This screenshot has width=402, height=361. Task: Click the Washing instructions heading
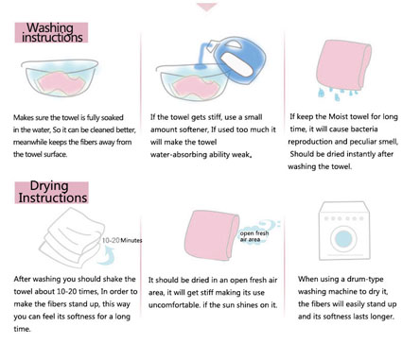point(51,32)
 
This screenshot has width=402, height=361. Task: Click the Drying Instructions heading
point(51,192)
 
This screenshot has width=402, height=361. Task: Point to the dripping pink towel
point(343,64)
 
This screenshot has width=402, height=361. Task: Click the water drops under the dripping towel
point(337,94)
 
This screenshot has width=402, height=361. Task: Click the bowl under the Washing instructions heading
point(60,78)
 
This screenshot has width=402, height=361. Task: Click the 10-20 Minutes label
point(122,240)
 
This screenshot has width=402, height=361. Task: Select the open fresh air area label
point(254,236)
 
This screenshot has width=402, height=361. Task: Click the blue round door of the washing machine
point(343,238)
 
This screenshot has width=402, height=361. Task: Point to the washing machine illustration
point(344,232)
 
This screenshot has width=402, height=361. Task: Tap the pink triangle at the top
point(207,7)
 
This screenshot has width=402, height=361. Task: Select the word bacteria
point(364,129)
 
